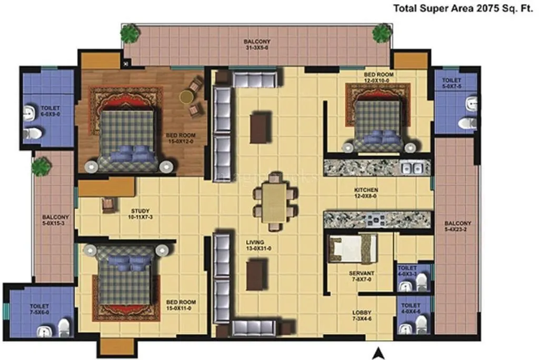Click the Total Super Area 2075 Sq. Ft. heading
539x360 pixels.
click(463, 8)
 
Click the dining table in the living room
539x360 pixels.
click(275, 202)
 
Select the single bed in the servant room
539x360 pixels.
click(353, 248)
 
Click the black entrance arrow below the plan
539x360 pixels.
click(377, 353)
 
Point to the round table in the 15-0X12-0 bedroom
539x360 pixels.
click(186, 96)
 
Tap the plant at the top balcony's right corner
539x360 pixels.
click(382, 33)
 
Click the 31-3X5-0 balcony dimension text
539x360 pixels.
click(257, 47)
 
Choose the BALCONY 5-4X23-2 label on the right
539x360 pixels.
click(457, 226)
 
